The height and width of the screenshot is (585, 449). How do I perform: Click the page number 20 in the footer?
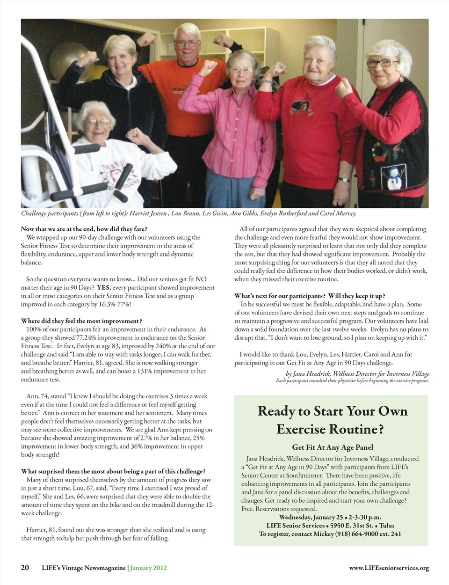click(x=25, y=568)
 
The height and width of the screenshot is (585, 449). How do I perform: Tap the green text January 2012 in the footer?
click(x=148, y=568)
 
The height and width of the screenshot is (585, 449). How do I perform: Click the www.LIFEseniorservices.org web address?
click(x=389, y=568)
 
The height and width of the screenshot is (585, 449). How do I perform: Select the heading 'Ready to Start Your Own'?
click(x=332, y=411)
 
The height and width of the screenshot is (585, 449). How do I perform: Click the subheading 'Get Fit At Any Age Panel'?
click(x=332, y=447)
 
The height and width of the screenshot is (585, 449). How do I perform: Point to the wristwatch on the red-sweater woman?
click(x=344, y=179)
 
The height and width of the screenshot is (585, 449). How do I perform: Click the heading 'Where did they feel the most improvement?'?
click(x=81, y=321)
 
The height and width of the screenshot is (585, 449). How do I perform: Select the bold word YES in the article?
click(x=103, y=287)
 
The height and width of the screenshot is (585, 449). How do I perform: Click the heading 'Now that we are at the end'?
click(x=84, y=229)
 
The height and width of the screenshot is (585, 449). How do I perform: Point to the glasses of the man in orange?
click(x=187, y=43)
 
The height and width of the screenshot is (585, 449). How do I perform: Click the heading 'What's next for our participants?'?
click(x=310, y=296)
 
